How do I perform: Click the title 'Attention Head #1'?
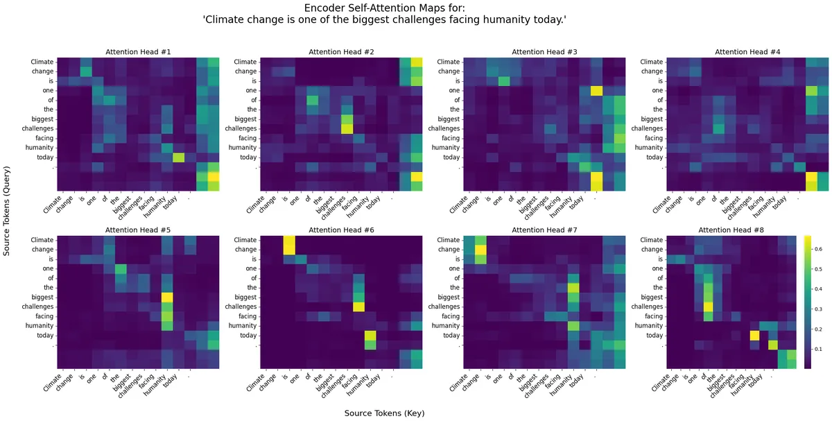[x=138, y=52]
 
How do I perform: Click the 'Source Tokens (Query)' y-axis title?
[x=7, y=211]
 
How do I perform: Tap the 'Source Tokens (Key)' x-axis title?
[x=384, y=413]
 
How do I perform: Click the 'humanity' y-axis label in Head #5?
[x=39, y=325]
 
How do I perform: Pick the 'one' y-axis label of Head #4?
[x=654, y=91]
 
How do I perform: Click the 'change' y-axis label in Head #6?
[x=246, y=249]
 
